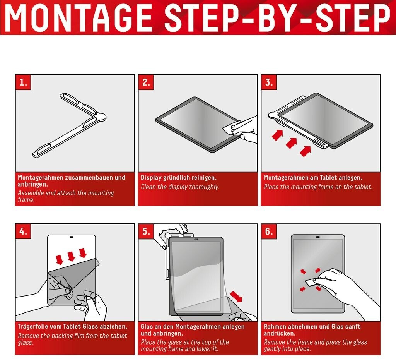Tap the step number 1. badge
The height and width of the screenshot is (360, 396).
pyautogui.click(x=23, y=82)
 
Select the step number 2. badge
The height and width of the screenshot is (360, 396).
pyautogui.click(x=146, y=82)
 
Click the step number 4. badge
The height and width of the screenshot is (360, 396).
pyautogui.click(x=23, y=231)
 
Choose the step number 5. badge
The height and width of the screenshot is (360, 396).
pyautogui.click(x=146, y=231)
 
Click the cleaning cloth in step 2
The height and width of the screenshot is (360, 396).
pyautogui.click(x=234, y=127)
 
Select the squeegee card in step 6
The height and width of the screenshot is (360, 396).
pyautogui.click(x=310, y=282)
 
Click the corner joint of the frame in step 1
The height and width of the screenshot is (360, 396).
pyautogui.click(x=100, y=116)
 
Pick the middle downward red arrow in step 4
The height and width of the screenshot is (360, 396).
pyautogui.click(x=71, y=256)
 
